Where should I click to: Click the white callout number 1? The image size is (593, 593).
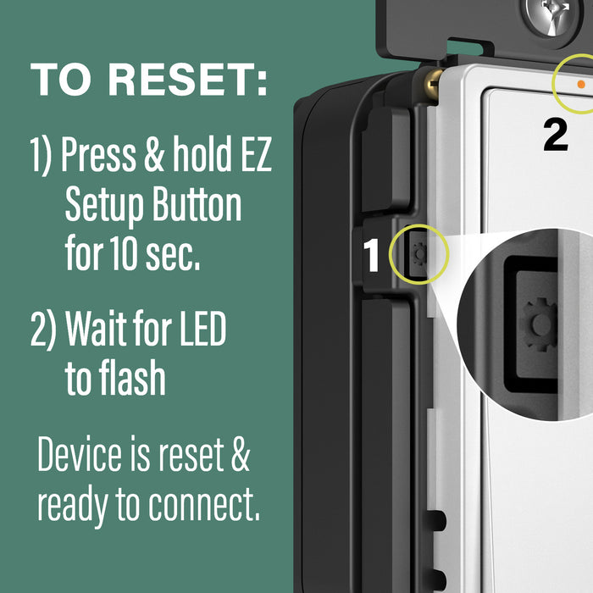coord(372,256)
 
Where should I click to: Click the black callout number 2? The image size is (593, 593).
coord(555,135)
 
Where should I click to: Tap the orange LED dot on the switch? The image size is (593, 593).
coord(580,85)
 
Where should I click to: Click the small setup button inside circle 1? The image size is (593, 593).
coord(418,253)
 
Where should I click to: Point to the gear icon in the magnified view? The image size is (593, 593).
coord(539,325)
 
